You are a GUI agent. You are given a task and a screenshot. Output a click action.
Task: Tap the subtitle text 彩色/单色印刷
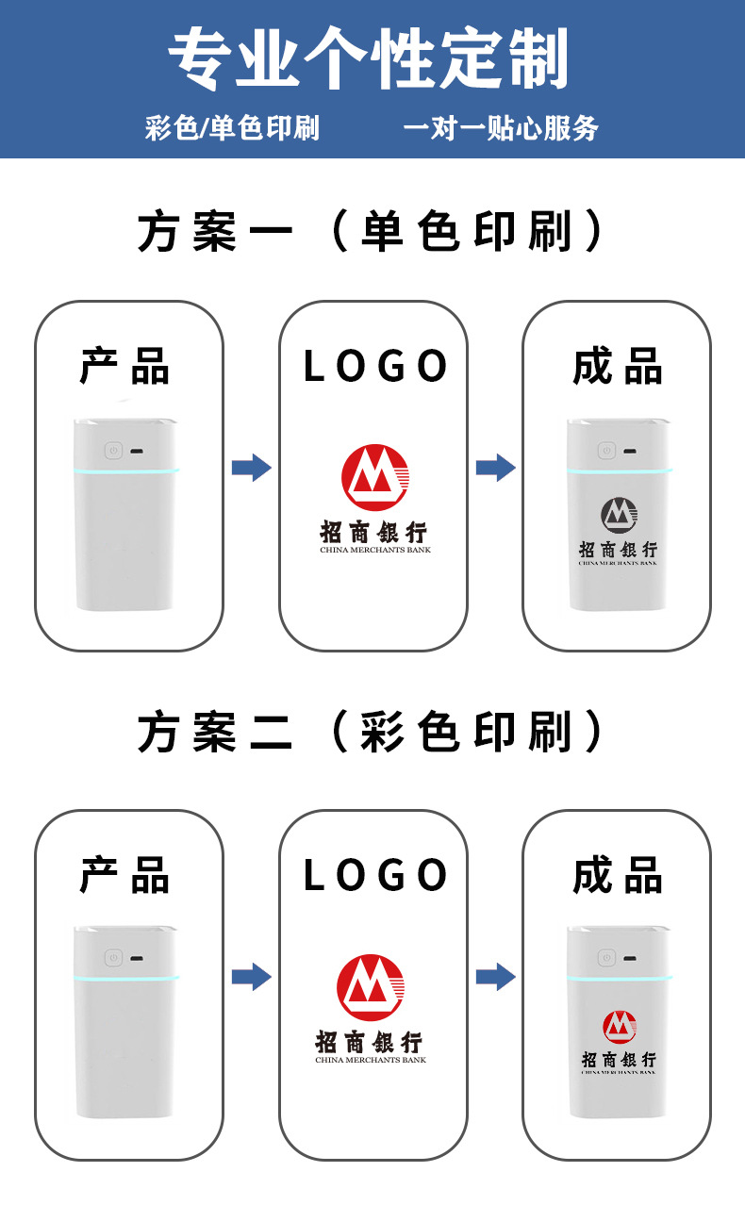click(x=232, y=128)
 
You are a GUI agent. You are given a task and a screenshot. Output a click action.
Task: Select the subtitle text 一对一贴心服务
click(x=501, y=128)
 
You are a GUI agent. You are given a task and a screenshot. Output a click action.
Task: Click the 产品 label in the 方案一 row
click(x=124, y=366)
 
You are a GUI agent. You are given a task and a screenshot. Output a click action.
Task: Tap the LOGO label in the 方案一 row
click(x=374, y=366)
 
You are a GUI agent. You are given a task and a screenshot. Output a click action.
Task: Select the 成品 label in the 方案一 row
click(x=618, y=366)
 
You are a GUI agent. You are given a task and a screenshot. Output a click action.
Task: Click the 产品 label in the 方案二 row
click(x=124, y=875)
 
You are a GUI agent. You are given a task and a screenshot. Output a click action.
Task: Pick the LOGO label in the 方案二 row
click(x=374, y=875)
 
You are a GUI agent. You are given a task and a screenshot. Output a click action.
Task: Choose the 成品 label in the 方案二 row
click(x=618, y=875)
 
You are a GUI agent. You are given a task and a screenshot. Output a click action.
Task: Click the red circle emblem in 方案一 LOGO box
click(x=375, y=475)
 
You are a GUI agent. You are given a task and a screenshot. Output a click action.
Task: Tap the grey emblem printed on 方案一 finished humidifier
click(x=619, y=515)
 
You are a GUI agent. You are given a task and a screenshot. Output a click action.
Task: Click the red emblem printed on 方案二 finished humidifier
click(x=619, y=1025)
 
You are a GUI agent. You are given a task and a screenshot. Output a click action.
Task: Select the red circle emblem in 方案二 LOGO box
click(x=372, y=987)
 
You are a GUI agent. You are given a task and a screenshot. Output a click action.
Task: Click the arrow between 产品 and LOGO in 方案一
click(x=251, y=467)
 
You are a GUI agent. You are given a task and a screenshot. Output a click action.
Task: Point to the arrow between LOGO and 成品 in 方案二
click(x=495, y=977)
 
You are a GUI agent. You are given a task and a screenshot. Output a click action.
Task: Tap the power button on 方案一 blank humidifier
click(x=112, y=452)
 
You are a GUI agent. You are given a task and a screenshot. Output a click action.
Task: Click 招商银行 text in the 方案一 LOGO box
click(x=373, y=531)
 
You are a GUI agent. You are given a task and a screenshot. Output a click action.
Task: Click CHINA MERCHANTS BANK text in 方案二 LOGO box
click(x=371, y=1060)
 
